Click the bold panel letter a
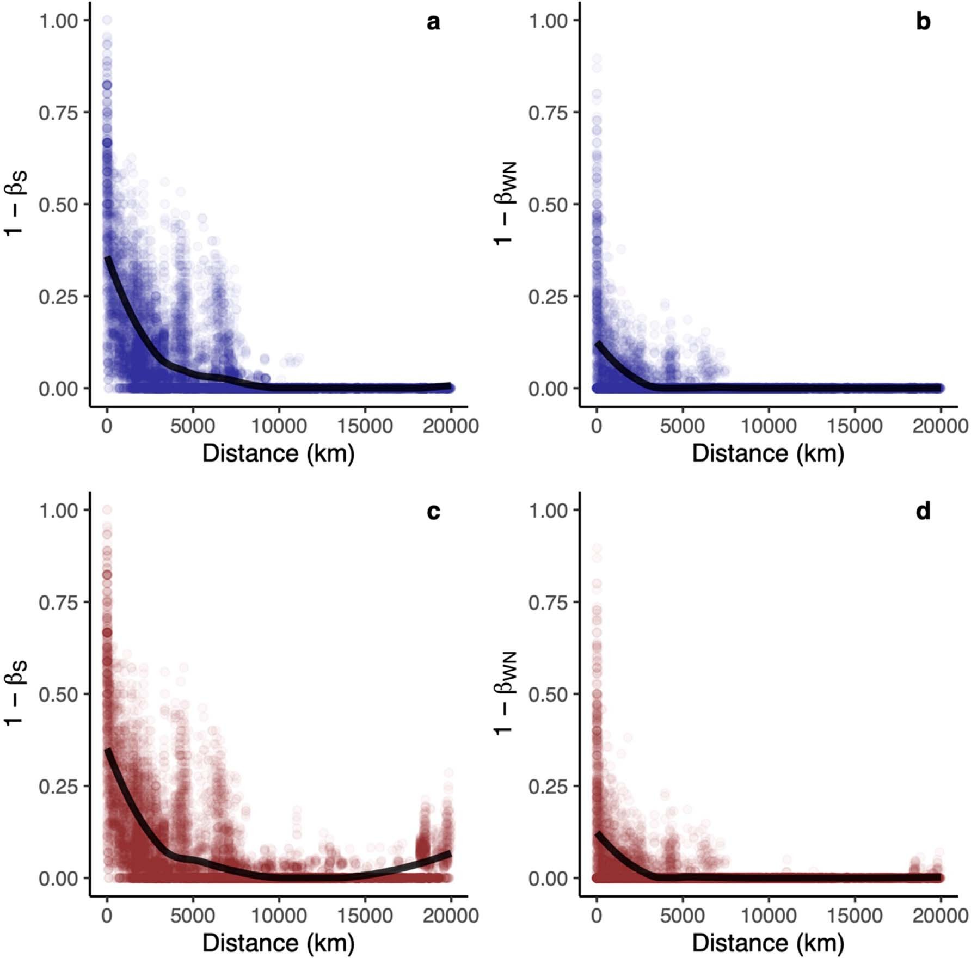pyautogui.click(x=433, y=22)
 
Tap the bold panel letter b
pyautogui.click(x=923, y=22)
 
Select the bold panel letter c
pyautogui.click(x=433, y=512)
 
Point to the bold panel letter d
pyautogui.click(x=923, y=512)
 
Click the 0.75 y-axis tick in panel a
pyautogui.click(x=58, y=113)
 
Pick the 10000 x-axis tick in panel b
pyautogui.click(x=769, y=426)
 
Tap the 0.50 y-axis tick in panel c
pyautogui.click(x=58, y=695)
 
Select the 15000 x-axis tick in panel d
pyautogui.click(x=855, y=916)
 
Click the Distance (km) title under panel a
pyautogui.click(x=278, y=453)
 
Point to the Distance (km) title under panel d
pyautogui.click(x=768, y=943)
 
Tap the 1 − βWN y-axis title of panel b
pyautogui.click(x=505, y=204)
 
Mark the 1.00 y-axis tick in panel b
pyautogui.click(x=548, y=21)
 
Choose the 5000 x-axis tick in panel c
pyautogui.click(x=193, y=916)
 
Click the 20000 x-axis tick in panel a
pyautogui.click(x=451, y=426)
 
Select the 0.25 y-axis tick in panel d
pyautogui.click(x=548, y=787)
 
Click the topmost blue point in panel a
pyautogui.click(x=107, y=20)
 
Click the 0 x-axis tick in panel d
pyautogui.click(x=597, y=916)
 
